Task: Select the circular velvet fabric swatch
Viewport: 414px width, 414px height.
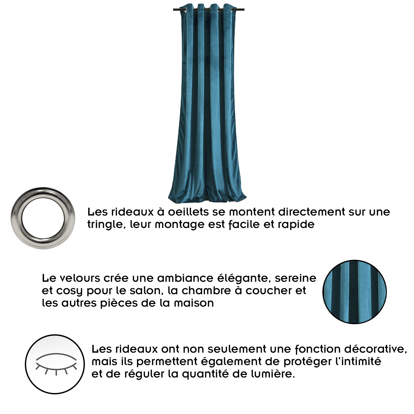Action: [x=354, y=292]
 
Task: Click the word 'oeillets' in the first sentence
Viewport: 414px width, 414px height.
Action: [x=188, y=212]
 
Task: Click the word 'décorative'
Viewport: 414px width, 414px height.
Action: [x=375, y=349]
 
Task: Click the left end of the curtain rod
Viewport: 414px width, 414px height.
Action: [x=173, y=10]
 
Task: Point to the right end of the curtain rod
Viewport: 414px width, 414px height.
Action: [x=244, y=10]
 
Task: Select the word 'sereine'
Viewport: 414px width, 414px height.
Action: [x=295, y=278]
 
